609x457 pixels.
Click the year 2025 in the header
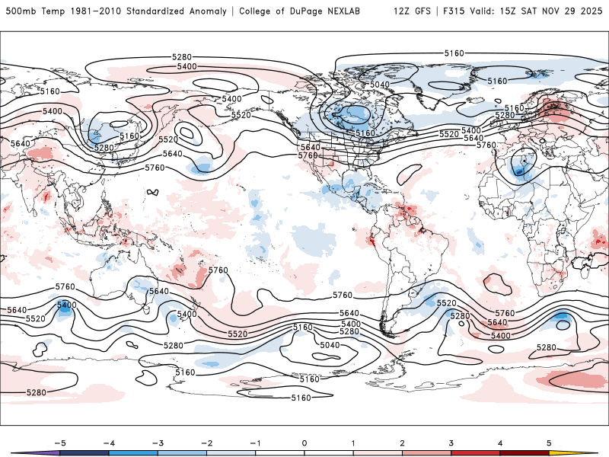[x=589, y=11]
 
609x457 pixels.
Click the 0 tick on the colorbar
[x=304, y=443]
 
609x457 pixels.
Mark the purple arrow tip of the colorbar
[x=23, y=453]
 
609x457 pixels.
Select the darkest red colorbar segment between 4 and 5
[x=525, y=453]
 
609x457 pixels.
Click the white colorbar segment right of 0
[x=329, y=453]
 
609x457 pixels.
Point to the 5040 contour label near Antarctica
[x=330, y=345]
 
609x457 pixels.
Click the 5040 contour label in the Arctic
[x=380, y=85]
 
